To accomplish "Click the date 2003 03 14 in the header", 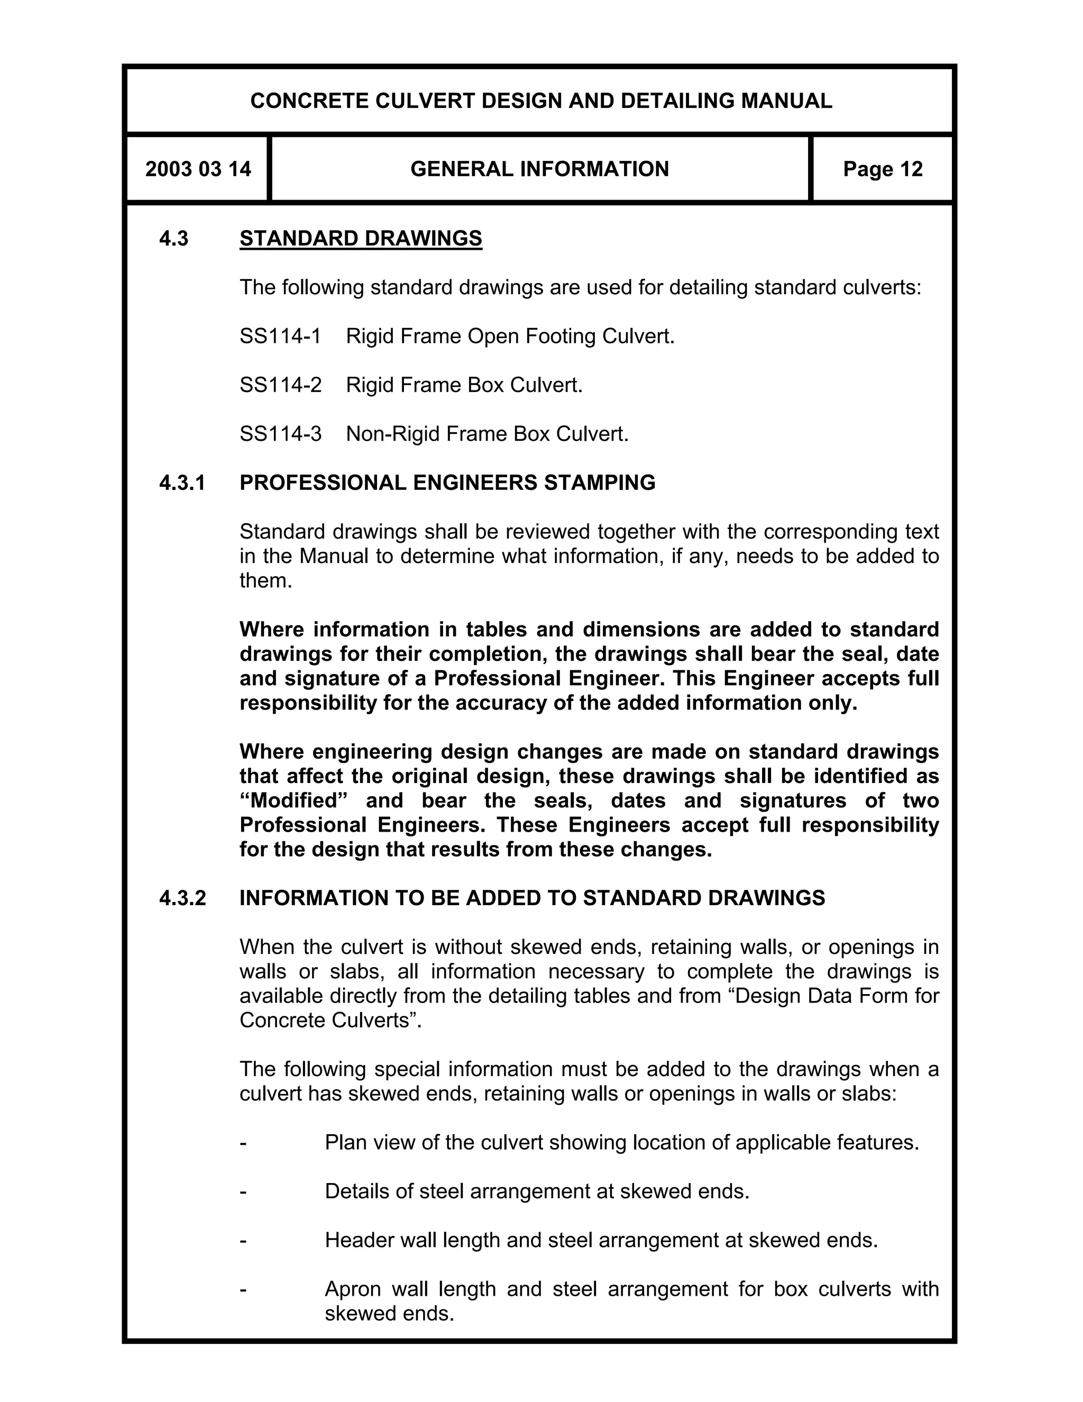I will point(198,169).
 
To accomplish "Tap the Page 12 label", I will point(882,169).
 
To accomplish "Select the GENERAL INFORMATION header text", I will point(539,169).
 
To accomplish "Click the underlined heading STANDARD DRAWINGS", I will point(361,238).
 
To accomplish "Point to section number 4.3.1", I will point(182,482).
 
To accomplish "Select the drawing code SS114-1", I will point(280,336).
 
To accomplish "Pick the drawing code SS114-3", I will point(280,434).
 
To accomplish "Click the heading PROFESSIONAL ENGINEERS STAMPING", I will point(447,482).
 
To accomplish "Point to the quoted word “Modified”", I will point(289,800).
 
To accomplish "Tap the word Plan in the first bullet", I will point(346,1142).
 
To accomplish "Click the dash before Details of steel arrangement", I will point(243,1191).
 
